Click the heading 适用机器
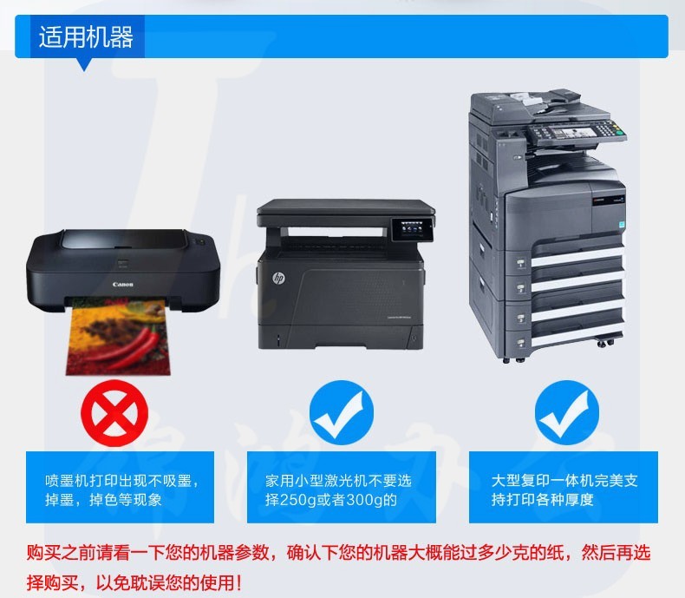point(86,36)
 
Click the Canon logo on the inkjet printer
point(123,285)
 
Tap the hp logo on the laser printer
point(278,278)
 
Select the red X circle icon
point(114,412)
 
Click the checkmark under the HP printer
point(341,412)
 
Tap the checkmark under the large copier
point(567,412)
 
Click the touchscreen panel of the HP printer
point(413,229)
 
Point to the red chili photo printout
point(118,337)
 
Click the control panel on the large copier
point(576,133)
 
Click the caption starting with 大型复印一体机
point(564,490)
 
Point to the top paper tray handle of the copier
point(521,263)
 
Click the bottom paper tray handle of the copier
point(521,342)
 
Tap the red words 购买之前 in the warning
point(62,553)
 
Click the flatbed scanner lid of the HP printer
point(346,207)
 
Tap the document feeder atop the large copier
point(538,105)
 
